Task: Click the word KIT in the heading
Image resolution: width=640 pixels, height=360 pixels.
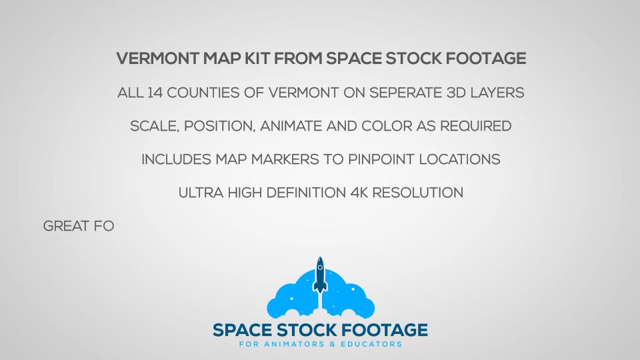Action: point(257,59)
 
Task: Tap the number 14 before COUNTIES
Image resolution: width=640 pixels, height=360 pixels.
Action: point(155,93)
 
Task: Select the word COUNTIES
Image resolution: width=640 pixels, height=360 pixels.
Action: point(203,93)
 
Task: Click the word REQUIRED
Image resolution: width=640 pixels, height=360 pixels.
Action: point(475,126)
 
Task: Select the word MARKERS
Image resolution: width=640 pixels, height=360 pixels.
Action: point(285,159)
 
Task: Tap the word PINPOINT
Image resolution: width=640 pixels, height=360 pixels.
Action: point(381,159)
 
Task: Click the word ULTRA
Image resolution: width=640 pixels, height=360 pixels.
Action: point(201,193)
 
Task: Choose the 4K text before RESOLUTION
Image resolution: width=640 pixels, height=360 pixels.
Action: point(359,193)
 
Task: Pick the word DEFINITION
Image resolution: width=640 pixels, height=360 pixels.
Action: point(306,193)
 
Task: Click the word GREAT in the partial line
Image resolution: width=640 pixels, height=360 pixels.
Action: point(66,226)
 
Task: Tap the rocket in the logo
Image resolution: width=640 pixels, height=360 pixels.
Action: point(320,275)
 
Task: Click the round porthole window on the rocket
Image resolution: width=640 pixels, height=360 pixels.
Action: point(320,268)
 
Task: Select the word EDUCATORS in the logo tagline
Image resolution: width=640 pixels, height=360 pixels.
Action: point(371,344)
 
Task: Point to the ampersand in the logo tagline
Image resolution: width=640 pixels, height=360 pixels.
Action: point(332,344)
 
